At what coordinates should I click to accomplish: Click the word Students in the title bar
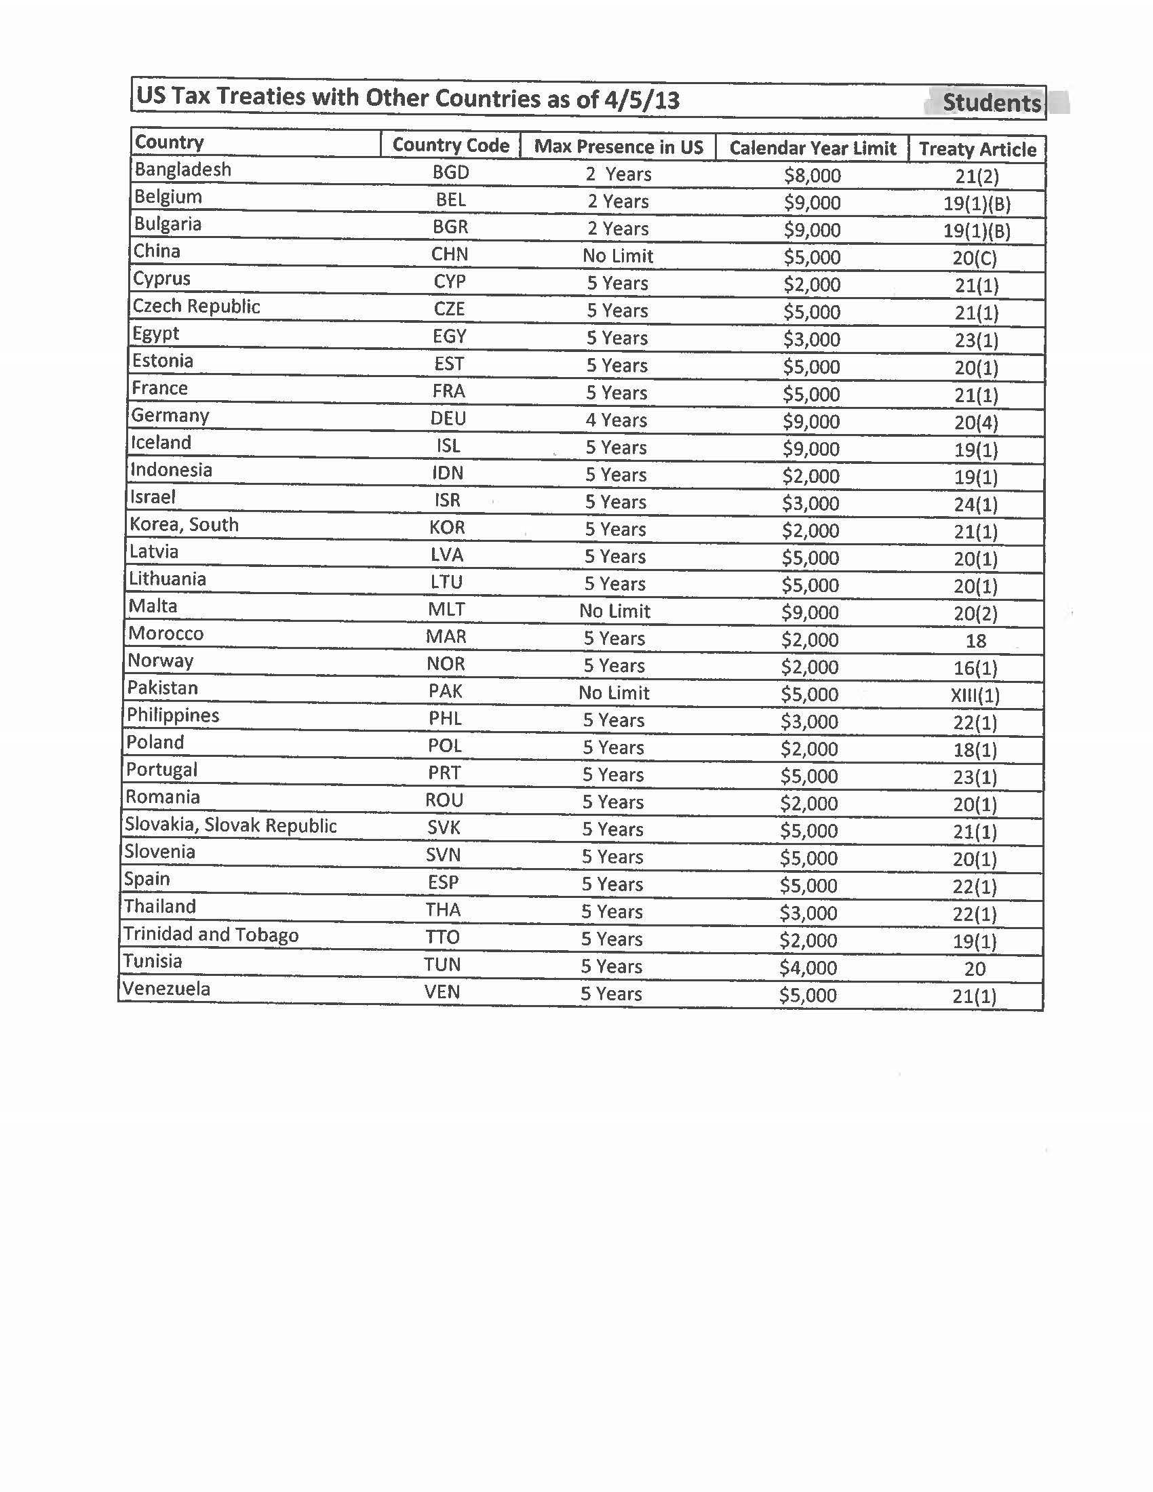[x=991, y=102]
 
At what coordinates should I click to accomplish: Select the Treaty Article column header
[x=977, y=149]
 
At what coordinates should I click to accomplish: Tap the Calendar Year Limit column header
[x=812, y=148]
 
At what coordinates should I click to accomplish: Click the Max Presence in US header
[x=618, y=146]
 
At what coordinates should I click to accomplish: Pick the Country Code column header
[x=451, y=145]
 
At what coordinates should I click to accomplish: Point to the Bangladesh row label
[x=182, y=170]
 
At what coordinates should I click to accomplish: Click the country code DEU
[x=448, y=418]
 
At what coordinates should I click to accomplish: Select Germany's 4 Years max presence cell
[x=616, y=419]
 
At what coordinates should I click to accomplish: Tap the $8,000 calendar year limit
[x=812, y=176]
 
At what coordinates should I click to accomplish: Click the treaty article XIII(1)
[x=975, y=695]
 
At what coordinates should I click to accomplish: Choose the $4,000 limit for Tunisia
[x=808, y=967]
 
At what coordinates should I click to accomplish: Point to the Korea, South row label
[x=184, y=525]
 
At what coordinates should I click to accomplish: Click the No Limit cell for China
[x=617, y=256]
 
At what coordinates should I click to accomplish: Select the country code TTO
[x=443, y=937]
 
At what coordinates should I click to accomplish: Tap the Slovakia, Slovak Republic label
[x=230, y=825]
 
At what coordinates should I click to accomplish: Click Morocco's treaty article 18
[x=975, y=641]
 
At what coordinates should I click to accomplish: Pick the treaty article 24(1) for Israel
[x=975, y=504]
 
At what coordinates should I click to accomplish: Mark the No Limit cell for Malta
[x=614, y=611]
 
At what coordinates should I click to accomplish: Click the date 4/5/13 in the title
[x=642, y=100]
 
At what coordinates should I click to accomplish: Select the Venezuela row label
[x=166, y=989]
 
